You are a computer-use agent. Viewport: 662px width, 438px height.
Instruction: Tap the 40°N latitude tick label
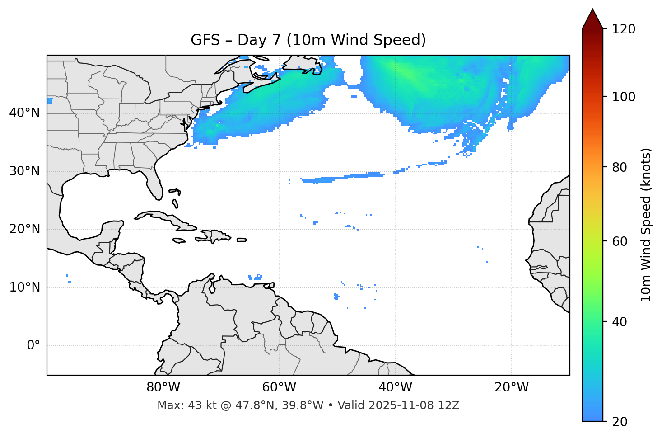24,113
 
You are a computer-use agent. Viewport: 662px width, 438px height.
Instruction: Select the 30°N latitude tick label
24,171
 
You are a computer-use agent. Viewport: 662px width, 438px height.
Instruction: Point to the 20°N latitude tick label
24,229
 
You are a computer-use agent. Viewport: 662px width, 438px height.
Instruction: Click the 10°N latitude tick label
24,287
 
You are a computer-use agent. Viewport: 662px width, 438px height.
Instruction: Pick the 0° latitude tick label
33,346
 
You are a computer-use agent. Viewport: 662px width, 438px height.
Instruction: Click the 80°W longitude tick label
163,387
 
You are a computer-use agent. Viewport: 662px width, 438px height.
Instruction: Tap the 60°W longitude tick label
279,387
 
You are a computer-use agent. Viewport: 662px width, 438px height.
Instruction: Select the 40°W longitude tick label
395,387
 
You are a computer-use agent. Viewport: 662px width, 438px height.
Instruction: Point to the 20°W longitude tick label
511,387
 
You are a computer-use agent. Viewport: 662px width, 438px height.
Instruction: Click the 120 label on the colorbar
624,29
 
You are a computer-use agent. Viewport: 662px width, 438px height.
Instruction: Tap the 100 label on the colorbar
624,97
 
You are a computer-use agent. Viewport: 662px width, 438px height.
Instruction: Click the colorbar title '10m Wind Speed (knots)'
646,225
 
